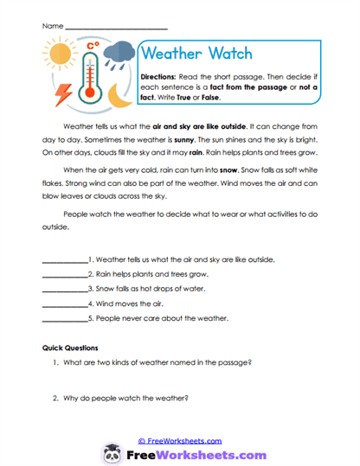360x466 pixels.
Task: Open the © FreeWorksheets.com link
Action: [x=179, y=440]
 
